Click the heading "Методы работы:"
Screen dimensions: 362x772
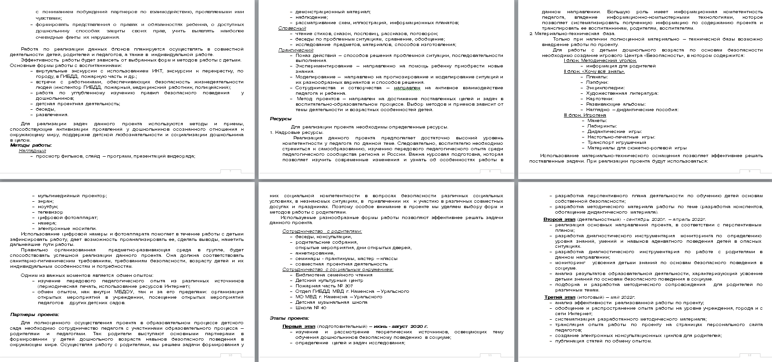click(31, 145)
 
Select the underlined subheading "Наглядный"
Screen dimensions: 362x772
click(32, 151)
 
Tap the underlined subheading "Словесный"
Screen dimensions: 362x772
click(292, 28)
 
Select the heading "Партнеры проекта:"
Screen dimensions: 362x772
click(35, 315)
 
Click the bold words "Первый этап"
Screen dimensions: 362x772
click(299, 326)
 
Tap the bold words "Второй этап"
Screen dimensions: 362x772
click(559, 219)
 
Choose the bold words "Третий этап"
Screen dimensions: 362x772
click(560, 297)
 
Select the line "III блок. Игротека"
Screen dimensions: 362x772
click(585, 115)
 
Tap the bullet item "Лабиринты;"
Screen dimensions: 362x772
click(602, 126)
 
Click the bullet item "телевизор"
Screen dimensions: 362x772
click(51, 212)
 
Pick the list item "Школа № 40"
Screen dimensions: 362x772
click(311, 308)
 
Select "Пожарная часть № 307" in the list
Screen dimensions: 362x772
click(324, 286)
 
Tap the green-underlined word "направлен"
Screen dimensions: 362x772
click(407, 88)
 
